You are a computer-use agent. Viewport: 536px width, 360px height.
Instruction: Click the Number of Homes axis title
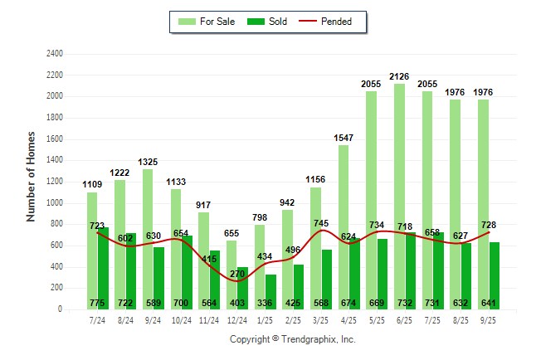[x=32, y=176]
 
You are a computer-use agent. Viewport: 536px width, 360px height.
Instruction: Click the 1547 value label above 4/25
[x=344, y=138]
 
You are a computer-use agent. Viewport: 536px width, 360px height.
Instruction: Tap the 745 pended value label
[x=322, y=223]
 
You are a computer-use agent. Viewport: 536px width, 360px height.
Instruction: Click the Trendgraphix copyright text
[x=292, y=339]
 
